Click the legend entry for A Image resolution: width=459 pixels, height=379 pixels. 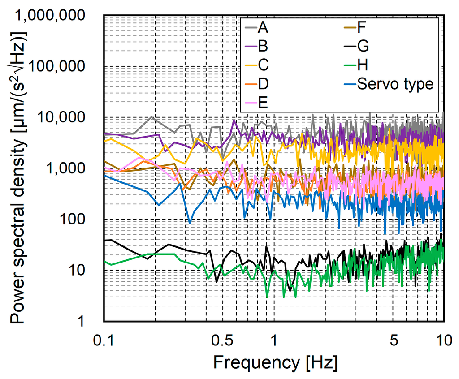[263, 28]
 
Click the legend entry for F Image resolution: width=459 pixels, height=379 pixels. [362, 28]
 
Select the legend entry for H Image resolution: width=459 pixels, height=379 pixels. [363, 65]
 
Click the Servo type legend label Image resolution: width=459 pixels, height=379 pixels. [395, 84]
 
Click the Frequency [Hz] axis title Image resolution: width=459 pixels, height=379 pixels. [274, 361]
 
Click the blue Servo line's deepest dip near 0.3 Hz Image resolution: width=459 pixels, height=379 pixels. [190, 223]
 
